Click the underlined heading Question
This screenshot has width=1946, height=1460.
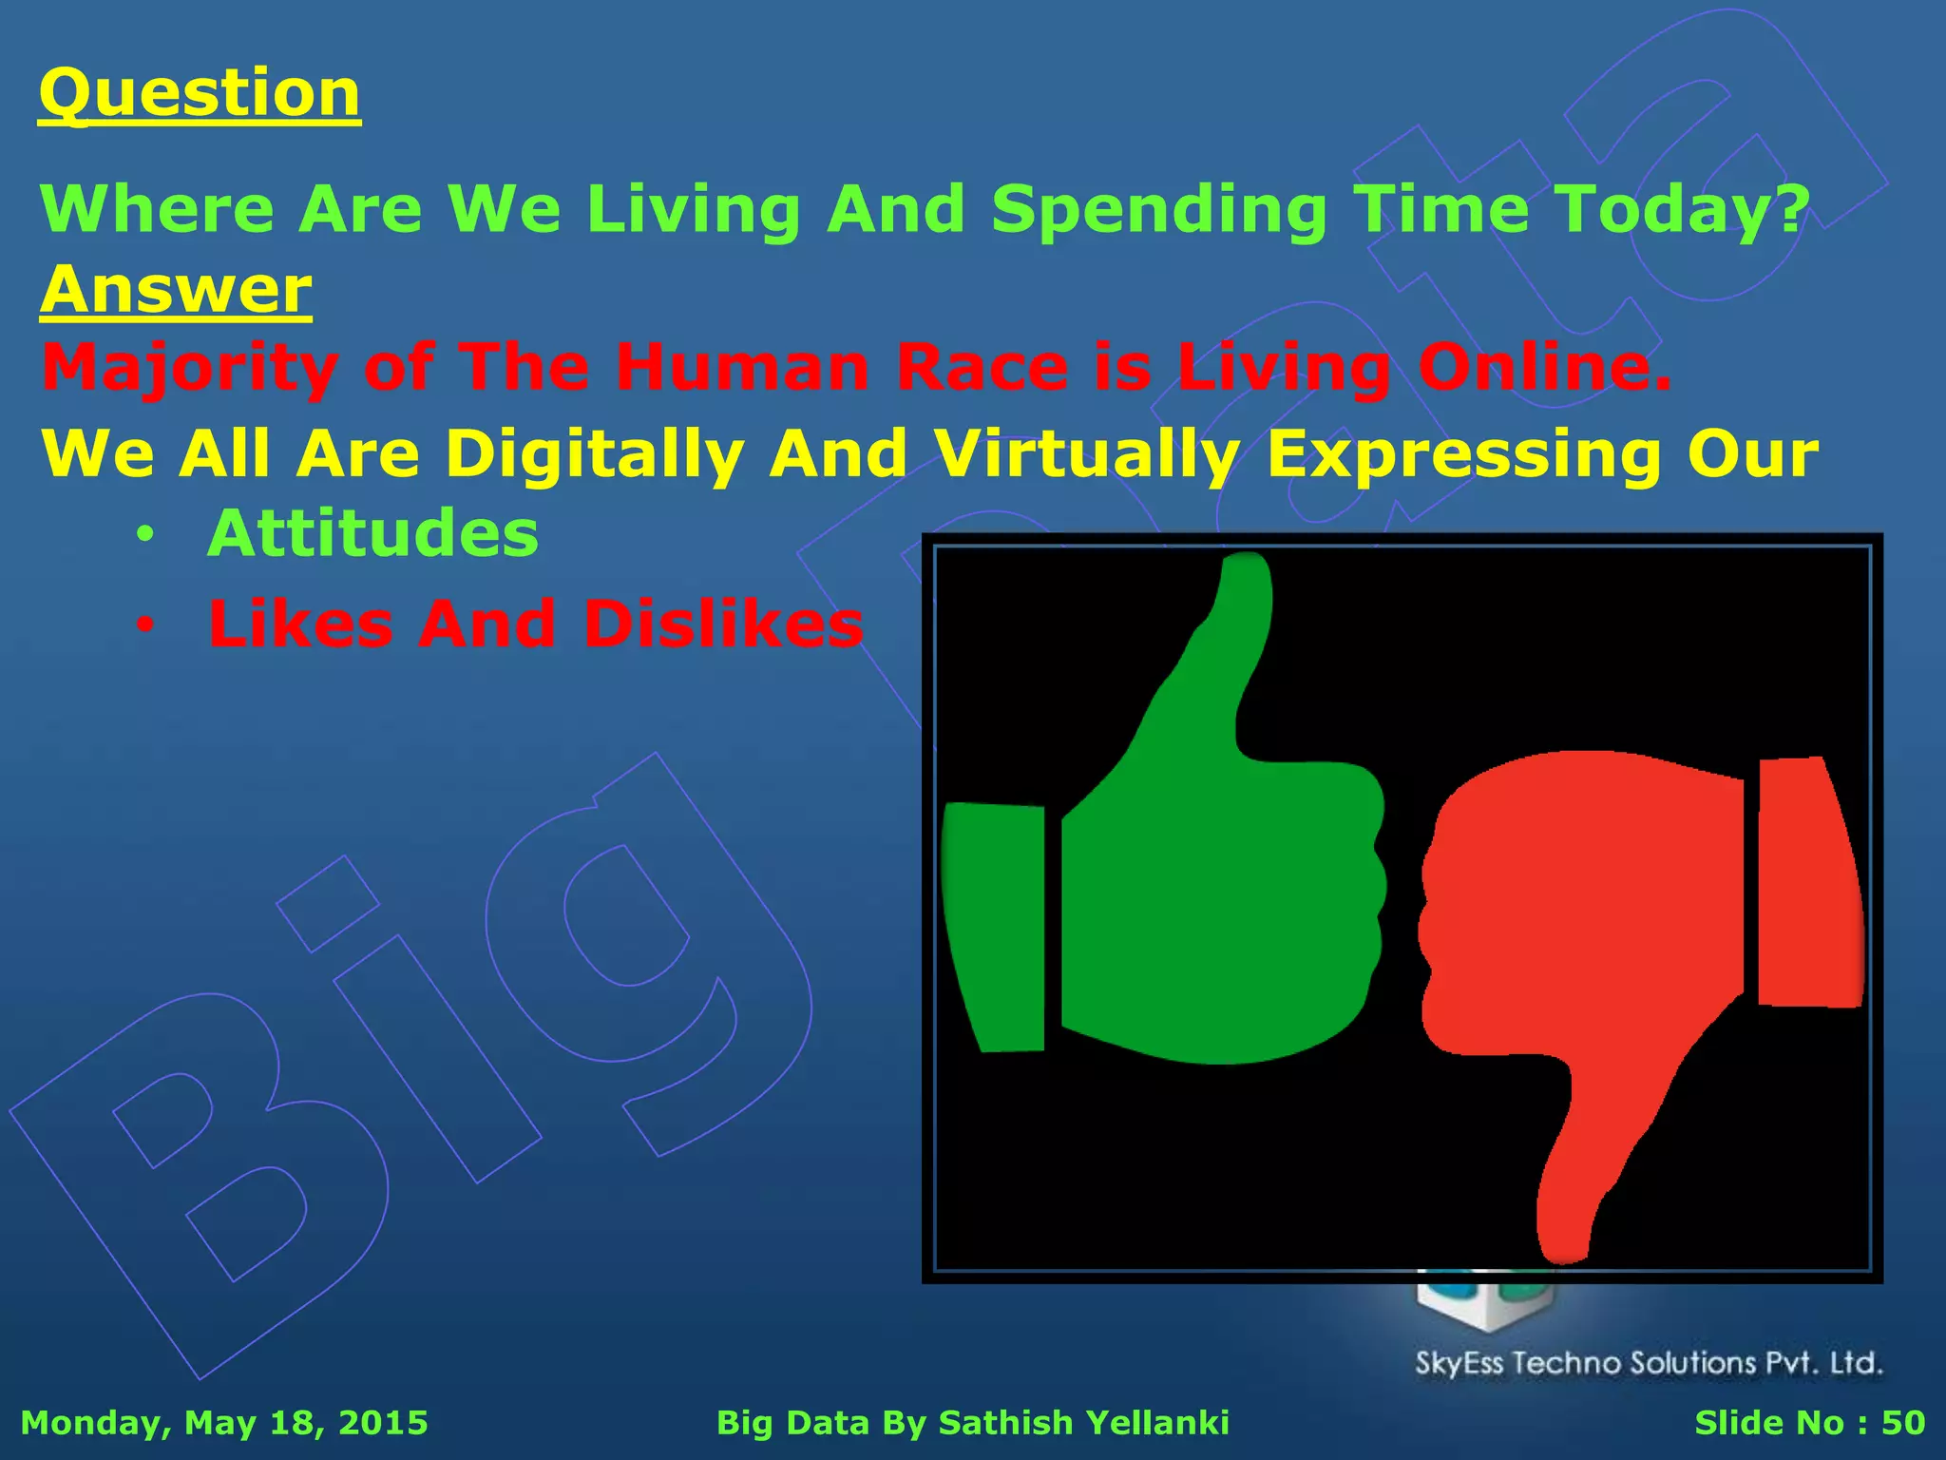[x=200, y=93]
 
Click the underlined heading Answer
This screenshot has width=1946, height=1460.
[x=176, y=290]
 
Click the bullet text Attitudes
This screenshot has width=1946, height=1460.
[x=372, y=533]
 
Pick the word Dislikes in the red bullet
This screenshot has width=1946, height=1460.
[x=724, y=624]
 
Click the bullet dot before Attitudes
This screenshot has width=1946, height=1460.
[x=143, y=534]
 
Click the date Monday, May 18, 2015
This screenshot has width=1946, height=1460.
[x=224, y=1423]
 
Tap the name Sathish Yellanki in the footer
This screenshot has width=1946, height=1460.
[x=1083, y=1423]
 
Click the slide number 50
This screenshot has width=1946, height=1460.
[x=1902, y=1423]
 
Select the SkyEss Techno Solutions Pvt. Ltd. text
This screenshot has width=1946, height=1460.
[x=1649, y=1363]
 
